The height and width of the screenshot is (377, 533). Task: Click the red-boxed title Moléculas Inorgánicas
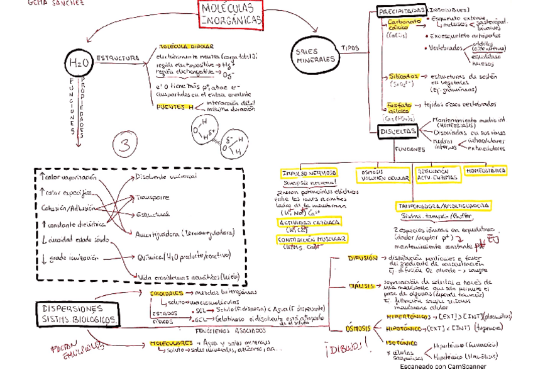click(x=231, y=14)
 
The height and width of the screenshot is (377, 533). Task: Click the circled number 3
click(x=124, y=145)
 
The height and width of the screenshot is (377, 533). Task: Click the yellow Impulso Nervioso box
click(x=309, y=173)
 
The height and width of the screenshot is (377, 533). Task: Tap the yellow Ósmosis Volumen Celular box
click(x=381, y=175)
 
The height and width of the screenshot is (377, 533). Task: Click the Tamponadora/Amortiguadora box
click(x=443, y=206)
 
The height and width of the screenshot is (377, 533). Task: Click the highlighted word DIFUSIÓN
click(x=363, y=258)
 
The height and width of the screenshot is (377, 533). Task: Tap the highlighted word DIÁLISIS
click(x=362, y=286)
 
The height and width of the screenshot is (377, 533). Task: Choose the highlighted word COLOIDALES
click(x=167, y=293)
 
